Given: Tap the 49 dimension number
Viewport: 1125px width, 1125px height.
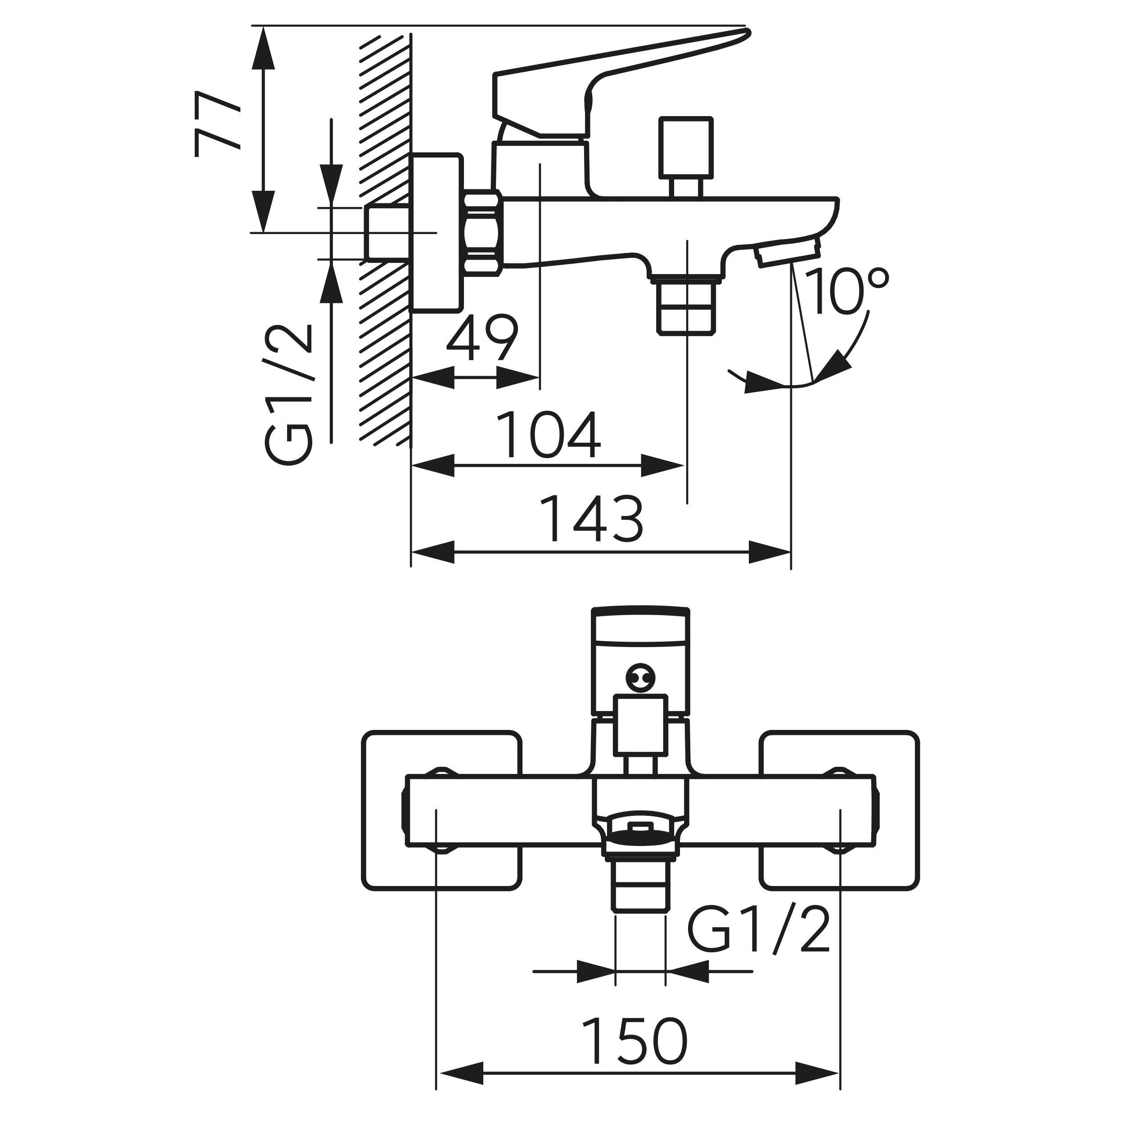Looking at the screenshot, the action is tap(481, 339).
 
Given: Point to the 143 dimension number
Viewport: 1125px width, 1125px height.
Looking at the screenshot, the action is tap(592, 519).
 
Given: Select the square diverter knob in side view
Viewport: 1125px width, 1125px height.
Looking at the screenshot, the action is tap(686, 147).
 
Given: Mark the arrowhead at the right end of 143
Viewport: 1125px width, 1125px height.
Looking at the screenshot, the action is tap(770, 552).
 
